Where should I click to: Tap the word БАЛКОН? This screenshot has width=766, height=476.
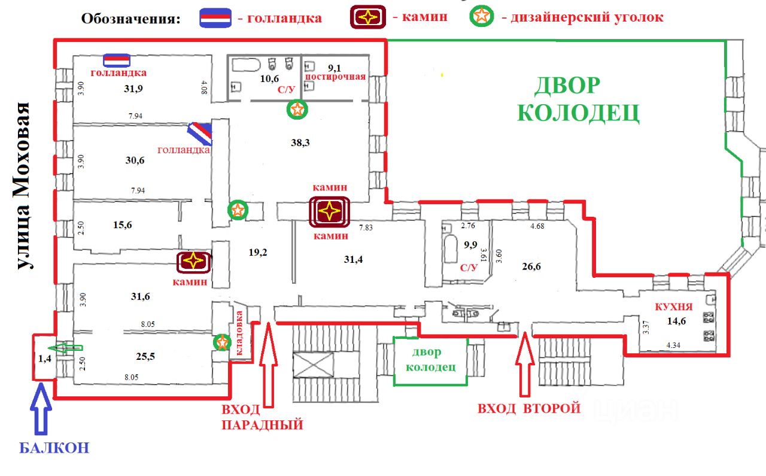click(x=54, y=447)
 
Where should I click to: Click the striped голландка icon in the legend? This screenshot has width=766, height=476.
click(x=215, y=17)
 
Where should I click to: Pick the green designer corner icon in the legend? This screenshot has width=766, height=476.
click(x=482, y=16)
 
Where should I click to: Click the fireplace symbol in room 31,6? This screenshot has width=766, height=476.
click(x=193, y=261)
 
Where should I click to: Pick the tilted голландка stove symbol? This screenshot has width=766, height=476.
click(x=200, y=134)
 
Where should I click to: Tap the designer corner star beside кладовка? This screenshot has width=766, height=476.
click(x=223, y=343)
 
